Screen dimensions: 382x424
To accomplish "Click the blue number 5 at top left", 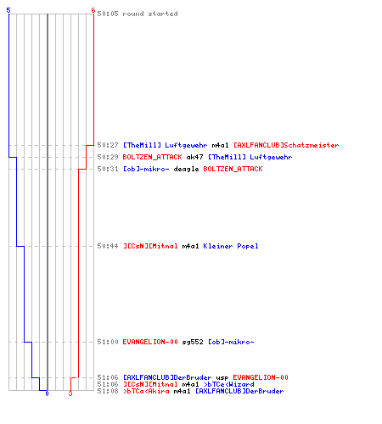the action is pos(8,10).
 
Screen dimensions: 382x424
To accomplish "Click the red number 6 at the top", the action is pos(93,10).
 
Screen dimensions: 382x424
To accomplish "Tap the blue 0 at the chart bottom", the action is pos(47,393).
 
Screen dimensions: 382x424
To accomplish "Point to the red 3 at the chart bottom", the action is pos(70,393).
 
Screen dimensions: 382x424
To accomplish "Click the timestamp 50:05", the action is pos(108,14).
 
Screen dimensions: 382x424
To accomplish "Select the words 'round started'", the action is pos(150,14).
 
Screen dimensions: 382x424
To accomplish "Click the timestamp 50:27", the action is pos(108,145).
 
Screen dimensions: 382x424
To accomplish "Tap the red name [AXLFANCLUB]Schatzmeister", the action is pos(286,145).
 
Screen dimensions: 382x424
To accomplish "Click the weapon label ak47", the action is pos(194,157).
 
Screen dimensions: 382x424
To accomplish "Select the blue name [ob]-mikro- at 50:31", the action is pos(146,169).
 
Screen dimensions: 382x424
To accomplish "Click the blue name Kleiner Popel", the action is pos(231,246).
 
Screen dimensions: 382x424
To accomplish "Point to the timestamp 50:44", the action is pos(108,246).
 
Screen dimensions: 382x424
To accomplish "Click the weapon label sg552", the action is pos(193,342).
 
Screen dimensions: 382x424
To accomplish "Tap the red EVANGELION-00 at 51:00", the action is pos(150,342).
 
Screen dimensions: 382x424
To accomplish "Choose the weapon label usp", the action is pos(222,377).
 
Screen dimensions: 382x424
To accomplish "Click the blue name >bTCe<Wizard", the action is pos(228,384).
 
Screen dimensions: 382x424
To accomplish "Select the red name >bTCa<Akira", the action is pos(146,391).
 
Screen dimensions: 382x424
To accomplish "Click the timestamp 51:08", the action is pos(108,391).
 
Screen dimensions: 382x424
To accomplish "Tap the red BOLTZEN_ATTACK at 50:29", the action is pos(152,157).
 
